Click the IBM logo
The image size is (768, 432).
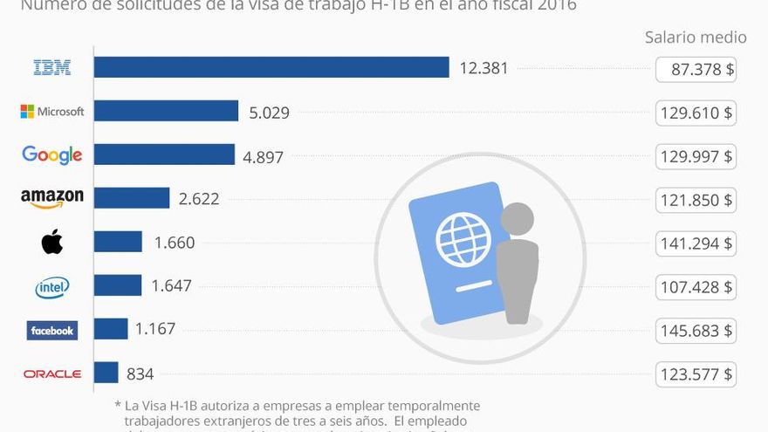pos(52,67)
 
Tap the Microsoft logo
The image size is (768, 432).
pos(52,112)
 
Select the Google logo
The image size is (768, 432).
pos(52,155)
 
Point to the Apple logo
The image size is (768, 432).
pos(52,242)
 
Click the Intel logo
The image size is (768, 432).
pos(52,286)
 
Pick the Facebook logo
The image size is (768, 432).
pos(52,330)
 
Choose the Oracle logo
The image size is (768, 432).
pos(52,374)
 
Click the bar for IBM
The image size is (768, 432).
pos(271,67)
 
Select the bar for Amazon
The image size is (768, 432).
pos(131,198)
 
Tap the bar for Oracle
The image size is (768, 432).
pos(106,373)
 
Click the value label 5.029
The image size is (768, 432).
pos(269,112)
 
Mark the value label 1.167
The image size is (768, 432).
pos(155,329)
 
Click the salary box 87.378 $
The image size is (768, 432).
pos(696,69)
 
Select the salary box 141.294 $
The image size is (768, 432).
pos(696,243)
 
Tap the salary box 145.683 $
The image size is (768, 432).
pos(696,330)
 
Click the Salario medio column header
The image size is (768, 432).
pos(696,37)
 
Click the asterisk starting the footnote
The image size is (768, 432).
pos(117,406)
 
